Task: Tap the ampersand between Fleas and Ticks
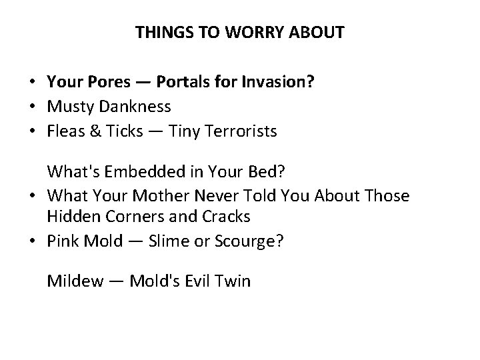tap(93, 131)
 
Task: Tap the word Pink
tap(61, 241)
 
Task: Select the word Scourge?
tap(249, 241)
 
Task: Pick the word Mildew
tap(75, 281)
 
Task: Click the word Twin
tap(233, 281)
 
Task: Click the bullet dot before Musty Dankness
tap(32, 107)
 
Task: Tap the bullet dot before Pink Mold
tap(32, 241)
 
